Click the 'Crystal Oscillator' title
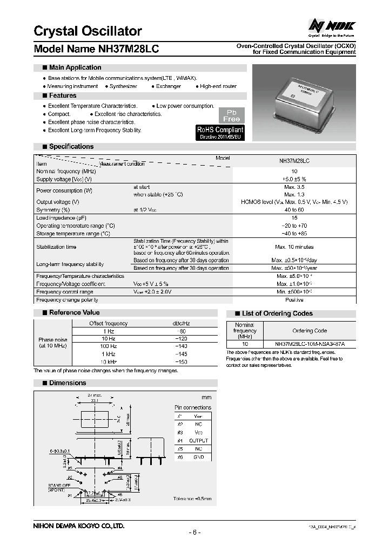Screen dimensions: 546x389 click(88, 31)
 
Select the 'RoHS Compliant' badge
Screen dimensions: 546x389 click(220, 133)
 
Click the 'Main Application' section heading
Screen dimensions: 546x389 click(75, 67)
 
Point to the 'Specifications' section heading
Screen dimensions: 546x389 click(71, 146)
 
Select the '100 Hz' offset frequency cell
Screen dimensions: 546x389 click(108, 346)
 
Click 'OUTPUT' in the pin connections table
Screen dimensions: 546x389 click(198, 441)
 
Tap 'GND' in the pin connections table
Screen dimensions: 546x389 click(198, 456)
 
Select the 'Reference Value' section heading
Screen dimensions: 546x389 click(74, 312)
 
